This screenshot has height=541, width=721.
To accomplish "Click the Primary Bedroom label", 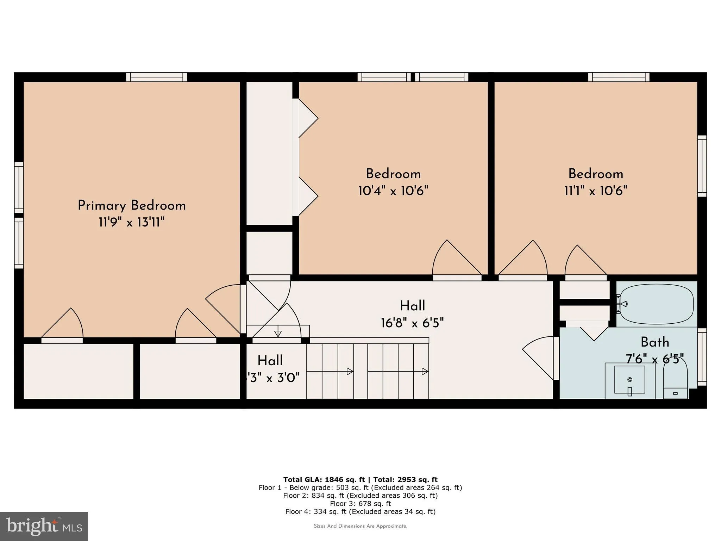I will pyautogui.click(x=132, y=206).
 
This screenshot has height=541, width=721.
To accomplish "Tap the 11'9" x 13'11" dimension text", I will pyautogui.click(x=132, y=223).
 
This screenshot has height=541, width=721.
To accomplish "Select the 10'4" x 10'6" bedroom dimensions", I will pyautogui.click(x=393, y=191).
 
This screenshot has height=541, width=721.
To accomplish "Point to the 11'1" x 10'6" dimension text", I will pyautogui.click(x=596, y=191).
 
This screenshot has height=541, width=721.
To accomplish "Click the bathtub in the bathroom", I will pyautogui.click(x=657, y=304).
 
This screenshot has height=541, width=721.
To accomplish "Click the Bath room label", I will pyautogui.click(x=654, y=342).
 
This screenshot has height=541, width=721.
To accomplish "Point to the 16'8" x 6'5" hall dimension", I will pyautogui.click(x=412, y=323).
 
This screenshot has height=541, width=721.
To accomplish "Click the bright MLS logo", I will pyautogui.click(x=44, y=526).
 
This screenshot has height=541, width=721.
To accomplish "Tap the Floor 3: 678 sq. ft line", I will pyautogui.click(x=360, y=504).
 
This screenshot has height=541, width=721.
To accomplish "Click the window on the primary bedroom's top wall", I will pyautogui.click(x=157, y=77).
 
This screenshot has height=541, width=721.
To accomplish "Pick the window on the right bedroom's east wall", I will pyautogui.click(x=702, y=166).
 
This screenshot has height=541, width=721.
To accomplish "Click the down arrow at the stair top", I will pyautogui.click(x=278, y=333).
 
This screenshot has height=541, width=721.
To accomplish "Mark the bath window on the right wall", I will pyautogui.click(x=702, y=357).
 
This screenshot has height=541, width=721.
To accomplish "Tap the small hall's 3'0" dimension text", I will pyautogui.click(x=274, y=378).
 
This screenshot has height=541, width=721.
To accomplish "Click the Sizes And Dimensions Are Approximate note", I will pyautogui.click(x=360, y=526).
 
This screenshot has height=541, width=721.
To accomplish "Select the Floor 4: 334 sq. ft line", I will pyautogui.click(x=360, y=511).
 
